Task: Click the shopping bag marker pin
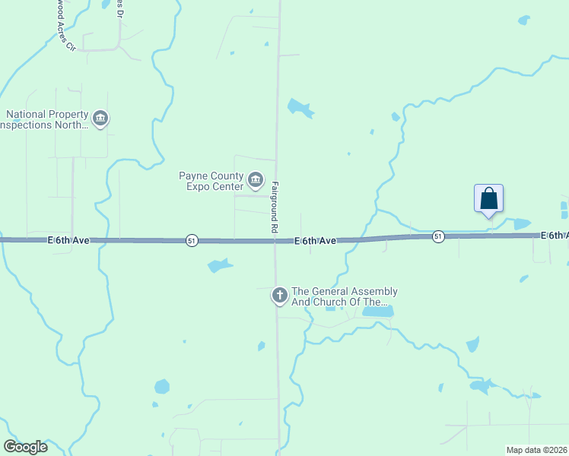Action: (x=488, y=199)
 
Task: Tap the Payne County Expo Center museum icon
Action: (x=255, y=181)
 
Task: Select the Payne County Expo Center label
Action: (x=210, y=181)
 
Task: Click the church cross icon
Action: (x=280, y=296)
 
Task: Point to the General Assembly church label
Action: (x=345, y=296)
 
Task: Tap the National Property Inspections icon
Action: (x=100, y=119)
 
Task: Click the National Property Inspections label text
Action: (x=45, y=119)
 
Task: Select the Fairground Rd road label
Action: (x=273, y=207)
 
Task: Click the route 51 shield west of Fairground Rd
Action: (x=191, y=240)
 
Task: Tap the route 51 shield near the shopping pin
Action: (x=438, y=236)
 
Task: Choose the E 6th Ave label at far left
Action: (x=68, y=240)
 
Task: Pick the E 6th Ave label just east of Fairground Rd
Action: (x=316, y=241)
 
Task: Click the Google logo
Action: (x=25, y=447)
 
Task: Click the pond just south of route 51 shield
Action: (x=219, y=265)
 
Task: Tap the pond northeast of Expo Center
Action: (x=300, y=109)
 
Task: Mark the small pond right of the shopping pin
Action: (x=521, y=223)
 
